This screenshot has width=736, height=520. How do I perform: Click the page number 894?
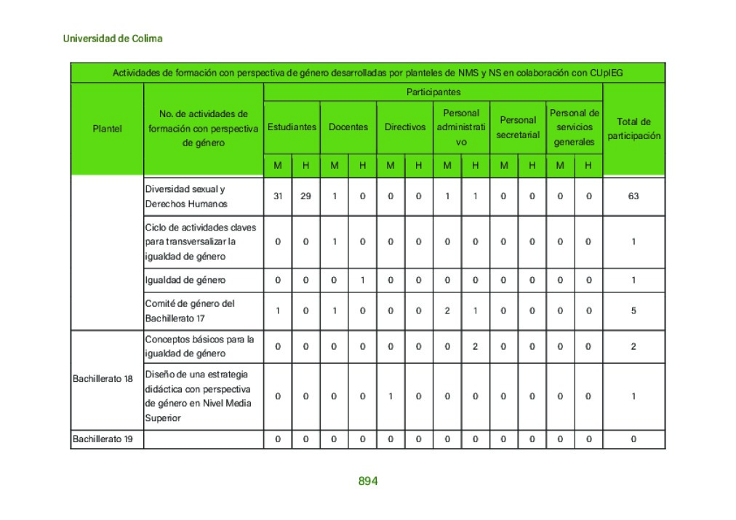click(x=367, y=481)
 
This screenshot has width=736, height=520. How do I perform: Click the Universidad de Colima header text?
click(x=113, y=39)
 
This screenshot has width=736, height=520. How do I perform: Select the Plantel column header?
click(x=108, y=129)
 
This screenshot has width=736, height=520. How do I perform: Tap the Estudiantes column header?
click(x=292, y=127)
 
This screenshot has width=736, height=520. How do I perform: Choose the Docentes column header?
click(x=348, y=127)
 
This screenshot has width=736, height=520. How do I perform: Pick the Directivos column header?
click(x=405, y=127)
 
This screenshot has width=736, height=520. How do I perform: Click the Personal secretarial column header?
click(x=518, y=127)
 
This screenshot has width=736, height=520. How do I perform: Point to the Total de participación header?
click(x=634, y=129)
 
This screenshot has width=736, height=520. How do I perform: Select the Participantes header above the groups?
click(x=433, y=92)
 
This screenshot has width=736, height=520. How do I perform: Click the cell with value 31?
click(x=278, y=196)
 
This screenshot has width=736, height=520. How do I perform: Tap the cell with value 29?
click(x=305, y=196)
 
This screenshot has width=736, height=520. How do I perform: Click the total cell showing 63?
click(x=633, y=196)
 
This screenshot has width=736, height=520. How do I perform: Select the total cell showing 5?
click(x=633, y=311)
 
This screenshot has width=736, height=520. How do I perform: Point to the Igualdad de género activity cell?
click(x=185, y=280)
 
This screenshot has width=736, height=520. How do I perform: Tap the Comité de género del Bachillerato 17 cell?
click(x=190, y=311)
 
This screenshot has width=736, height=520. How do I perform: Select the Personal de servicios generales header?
click(x=574, y=127)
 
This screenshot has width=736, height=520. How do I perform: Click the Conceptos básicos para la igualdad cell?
click(x=199, y=346)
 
